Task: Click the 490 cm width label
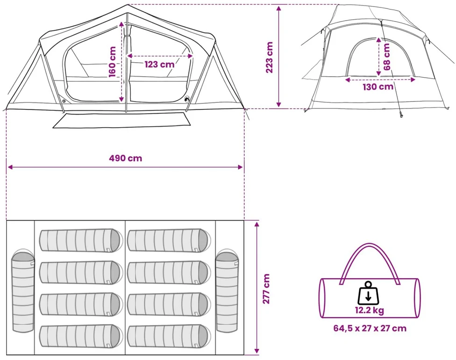coord(126,158)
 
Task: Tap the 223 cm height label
coord(269,58)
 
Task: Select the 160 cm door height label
coord(112,62)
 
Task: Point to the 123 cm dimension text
coord(160,64)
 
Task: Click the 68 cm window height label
coord(386,57)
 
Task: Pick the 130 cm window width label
coord(378,86)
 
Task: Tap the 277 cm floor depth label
coord(266,288)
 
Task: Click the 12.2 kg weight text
coord(370,310)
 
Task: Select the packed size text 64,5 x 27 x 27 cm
coord(370,328)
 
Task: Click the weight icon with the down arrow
coord(368,293)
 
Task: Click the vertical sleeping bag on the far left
coord(23,291)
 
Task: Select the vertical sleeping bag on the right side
coord(227,290)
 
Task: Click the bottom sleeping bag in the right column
coord(169,336)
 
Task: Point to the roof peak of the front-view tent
coord(128,5)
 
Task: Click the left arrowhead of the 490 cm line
coord(10,167)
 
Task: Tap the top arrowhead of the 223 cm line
coord(278,8)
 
